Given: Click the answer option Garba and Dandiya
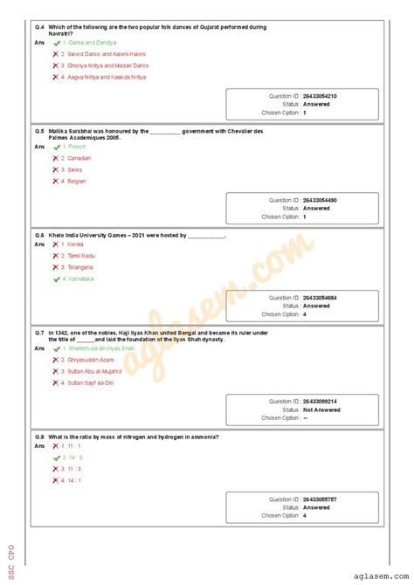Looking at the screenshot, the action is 92,42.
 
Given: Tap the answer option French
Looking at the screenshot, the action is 77,147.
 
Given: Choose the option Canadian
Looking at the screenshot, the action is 79,158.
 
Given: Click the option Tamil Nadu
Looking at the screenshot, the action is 81,256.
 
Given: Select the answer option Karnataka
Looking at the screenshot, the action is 80,279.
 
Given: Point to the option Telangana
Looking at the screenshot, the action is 80,267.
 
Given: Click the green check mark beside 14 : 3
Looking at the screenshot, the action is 56,457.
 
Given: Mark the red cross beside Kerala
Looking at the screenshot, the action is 56,244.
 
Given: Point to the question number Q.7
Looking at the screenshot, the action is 39,333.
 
